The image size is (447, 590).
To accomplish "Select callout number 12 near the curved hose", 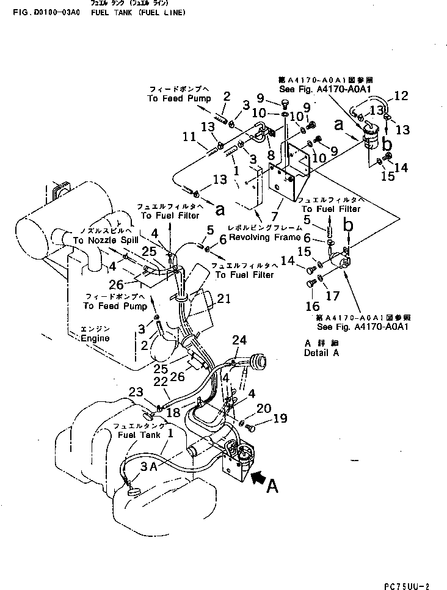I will coord(401,95).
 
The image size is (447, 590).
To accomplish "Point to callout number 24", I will coord(239,340).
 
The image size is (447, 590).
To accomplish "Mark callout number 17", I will coord(333,296).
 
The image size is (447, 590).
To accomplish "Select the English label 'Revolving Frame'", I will coord(264,237).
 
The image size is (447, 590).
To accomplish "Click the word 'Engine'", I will coord(95,338).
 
